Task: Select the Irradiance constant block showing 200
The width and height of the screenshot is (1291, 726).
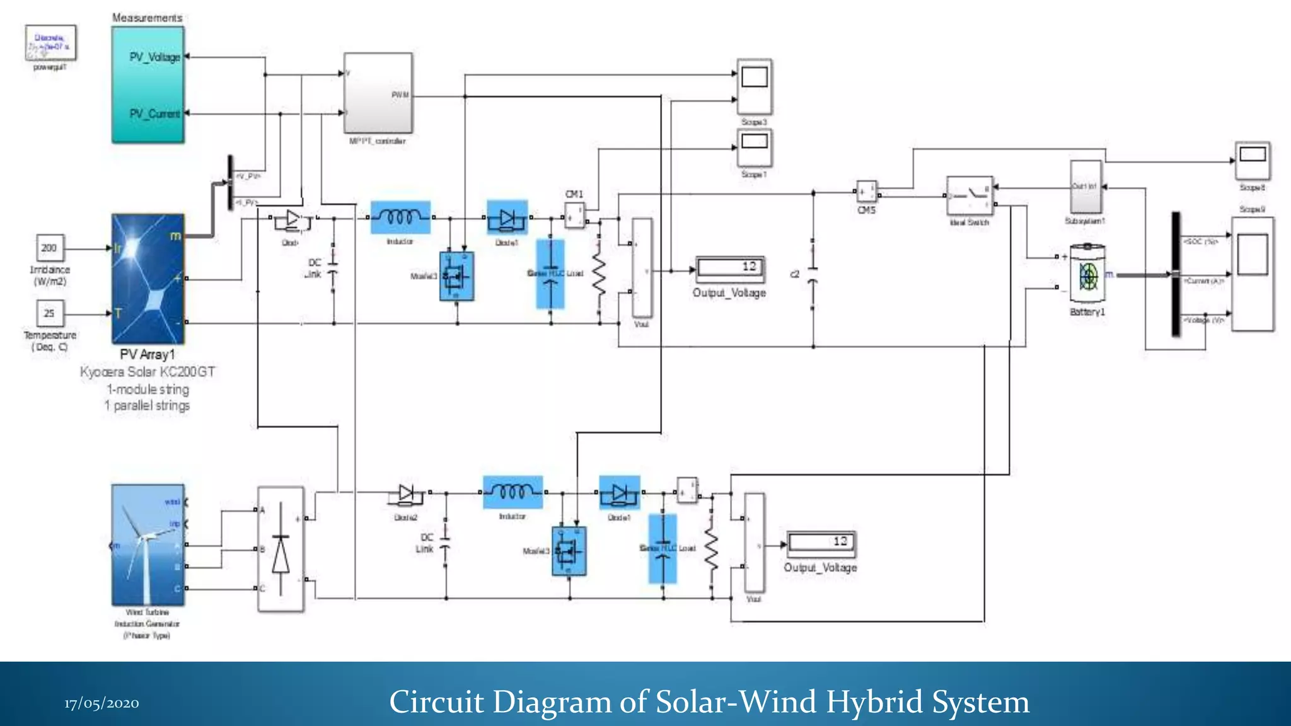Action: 49,248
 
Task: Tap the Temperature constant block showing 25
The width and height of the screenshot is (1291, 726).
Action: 49,313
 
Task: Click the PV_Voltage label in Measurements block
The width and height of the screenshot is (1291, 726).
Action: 154,57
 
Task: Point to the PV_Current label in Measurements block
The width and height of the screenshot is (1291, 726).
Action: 154,113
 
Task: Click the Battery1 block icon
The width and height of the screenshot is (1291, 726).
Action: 1088,276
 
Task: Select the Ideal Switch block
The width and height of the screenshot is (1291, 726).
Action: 970,196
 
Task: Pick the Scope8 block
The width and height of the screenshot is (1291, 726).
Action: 1252,161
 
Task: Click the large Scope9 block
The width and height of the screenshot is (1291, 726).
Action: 1252,274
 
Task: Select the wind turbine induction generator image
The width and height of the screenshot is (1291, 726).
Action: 148,544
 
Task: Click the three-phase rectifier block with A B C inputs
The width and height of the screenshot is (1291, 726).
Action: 281,549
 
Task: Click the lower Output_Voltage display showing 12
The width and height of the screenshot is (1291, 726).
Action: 821,543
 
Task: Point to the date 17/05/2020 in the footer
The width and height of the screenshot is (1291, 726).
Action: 101,703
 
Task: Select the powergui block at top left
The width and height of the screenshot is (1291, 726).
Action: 50,43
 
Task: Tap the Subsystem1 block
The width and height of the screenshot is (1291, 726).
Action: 1085,187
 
